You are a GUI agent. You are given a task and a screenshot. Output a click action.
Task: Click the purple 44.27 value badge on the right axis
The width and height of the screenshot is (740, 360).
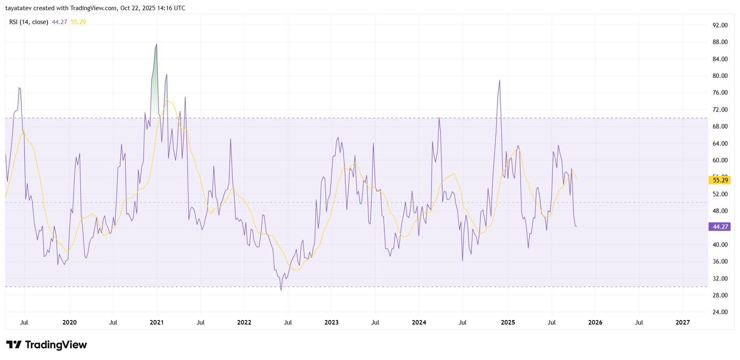(x=720, y=227)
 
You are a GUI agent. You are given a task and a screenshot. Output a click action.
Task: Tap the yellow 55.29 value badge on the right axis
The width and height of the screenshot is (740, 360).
(x=720, y=180)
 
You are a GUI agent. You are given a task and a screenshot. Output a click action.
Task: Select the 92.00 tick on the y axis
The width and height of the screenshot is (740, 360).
(x=720, y=25)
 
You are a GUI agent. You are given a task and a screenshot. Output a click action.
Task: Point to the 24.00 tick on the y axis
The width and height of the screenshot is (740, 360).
(x=720, y=312)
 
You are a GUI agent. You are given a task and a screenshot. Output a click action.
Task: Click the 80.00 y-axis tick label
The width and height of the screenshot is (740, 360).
(x=720, y=76)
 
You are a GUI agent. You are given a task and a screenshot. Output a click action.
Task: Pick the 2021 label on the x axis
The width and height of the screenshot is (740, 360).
(x=157, y=322)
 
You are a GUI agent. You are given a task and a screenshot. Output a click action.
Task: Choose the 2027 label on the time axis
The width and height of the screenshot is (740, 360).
(x=683, y=322)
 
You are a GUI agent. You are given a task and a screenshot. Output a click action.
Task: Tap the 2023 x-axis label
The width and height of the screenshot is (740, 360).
(x=331, y=322)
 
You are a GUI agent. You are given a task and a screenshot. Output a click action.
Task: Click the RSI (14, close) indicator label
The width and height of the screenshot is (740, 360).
(x=29, y=22)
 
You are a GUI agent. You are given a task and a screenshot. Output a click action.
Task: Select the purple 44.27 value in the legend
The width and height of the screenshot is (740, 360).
(x=60, y=22)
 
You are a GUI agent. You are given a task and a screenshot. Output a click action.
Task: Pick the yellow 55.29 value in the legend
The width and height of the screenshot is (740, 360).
(x=78, y=22)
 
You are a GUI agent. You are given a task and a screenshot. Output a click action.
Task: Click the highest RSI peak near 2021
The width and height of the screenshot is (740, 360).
(x=157, y=44)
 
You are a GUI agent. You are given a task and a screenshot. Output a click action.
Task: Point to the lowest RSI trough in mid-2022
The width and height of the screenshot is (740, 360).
(x=281, y=290)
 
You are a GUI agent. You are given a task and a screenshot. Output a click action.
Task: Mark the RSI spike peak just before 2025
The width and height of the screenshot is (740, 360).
(x=499, y=81)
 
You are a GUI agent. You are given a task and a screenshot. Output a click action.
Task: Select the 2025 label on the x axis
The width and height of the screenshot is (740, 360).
(x=508, y=322)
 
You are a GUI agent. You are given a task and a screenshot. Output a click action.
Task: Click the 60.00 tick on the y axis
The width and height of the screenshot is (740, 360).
(x=720, y=160)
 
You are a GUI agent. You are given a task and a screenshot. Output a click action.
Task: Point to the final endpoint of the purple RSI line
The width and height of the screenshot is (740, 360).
(x=577, y=227)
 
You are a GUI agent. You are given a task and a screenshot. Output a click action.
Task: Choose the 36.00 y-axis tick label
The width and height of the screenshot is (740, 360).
(x=720, y=262)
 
